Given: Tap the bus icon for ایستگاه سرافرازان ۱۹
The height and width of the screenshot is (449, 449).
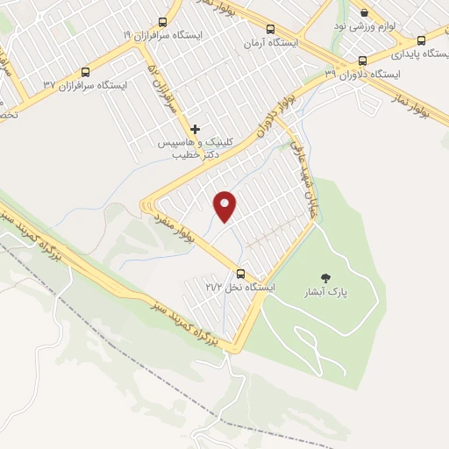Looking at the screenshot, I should tap(162, 22).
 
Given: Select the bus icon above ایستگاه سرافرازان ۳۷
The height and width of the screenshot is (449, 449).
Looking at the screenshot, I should tap(85, 72).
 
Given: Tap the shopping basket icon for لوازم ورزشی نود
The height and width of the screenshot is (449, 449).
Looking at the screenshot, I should tap(364, 13).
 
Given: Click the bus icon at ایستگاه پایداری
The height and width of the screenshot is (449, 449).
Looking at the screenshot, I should tap(422, 40).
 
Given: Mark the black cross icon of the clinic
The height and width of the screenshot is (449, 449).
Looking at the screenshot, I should tap(195, 129).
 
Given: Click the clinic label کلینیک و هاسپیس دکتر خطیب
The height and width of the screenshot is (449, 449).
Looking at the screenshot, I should tap(188, 146).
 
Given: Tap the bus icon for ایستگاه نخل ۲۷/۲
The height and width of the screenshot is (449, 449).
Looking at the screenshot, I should tap(241, 274).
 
